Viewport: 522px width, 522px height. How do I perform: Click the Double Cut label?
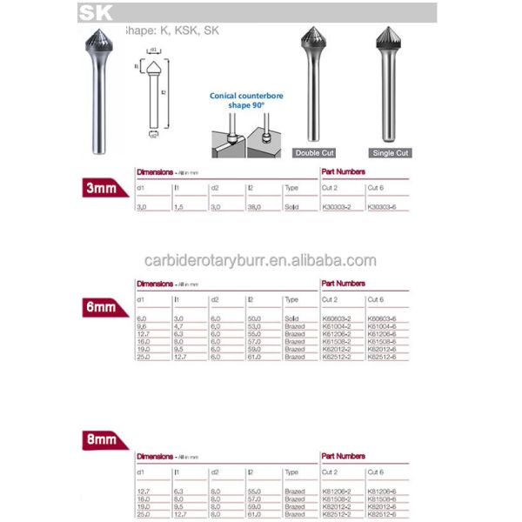click(x=314, y=152)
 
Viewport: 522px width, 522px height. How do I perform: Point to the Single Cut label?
click(x=389, y=152)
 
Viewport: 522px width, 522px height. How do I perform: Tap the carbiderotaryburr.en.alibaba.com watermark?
click(x=259, y=260)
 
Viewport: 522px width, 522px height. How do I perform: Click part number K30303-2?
click(x=337, y=208)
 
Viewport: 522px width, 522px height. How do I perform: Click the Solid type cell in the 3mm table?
click(x=291, y=208)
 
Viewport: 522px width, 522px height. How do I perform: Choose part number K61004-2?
click(x=337, y=327)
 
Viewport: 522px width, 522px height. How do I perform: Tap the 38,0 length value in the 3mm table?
click(x=254, y=208)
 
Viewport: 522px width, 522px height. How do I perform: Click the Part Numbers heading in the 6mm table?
click(x=343, y=284)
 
